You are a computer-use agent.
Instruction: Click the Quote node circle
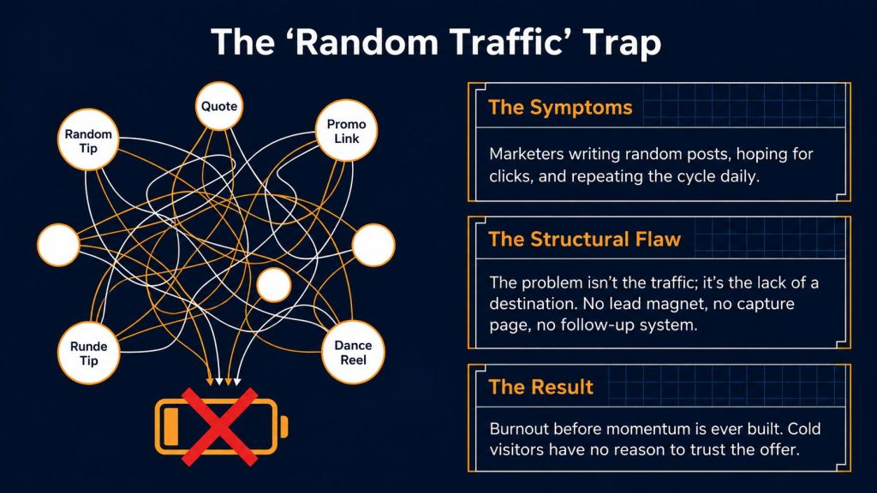pos(219,106)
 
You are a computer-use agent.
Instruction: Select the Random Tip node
pos(88,140)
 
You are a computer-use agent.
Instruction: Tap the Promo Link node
pos(346,131)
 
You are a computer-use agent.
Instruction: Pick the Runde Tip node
pos(89,353)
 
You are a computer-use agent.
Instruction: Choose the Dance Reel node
pos(353,352)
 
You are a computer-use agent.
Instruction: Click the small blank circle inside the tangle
pos(273,284)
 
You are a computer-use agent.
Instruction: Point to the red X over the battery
pos(219,427)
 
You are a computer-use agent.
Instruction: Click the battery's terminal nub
pos(284,427)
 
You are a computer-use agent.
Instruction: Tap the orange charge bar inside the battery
pos(171,427)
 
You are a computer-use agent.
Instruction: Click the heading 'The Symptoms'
pos(560,107)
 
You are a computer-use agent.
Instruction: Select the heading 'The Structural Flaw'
pos(584,240)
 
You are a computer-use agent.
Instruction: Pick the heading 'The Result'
pos(541,387)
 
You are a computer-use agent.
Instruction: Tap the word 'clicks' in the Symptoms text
pos(511,176)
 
